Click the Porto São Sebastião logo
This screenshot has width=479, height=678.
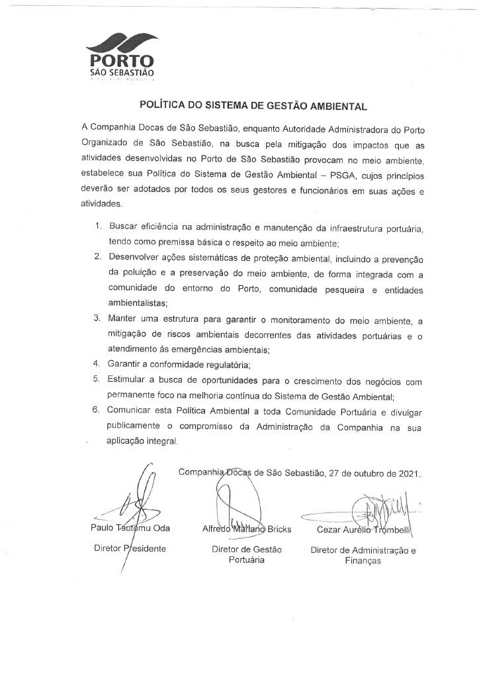122,56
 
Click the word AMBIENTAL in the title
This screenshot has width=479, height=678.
334,105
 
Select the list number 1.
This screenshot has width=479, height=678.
97,227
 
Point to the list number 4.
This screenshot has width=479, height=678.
97,363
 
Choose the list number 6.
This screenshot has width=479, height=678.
97,411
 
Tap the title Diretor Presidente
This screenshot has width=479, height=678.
130,548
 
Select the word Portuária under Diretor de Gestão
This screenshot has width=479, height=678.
246,559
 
